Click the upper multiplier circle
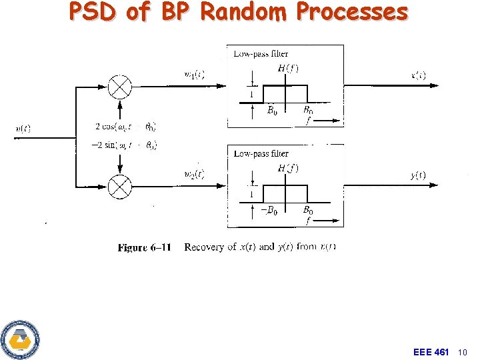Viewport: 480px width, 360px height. pos(121,86)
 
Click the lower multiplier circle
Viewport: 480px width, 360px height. pos(121,187)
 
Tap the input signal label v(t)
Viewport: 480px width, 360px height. pos(23,129)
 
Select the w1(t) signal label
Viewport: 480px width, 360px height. pos(193,74)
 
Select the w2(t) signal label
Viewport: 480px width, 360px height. pos(193,175)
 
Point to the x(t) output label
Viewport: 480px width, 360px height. pos(419,74)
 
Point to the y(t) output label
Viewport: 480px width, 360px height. pos(418,175)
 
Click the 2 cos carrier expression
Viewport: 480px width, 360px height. pos(125,127)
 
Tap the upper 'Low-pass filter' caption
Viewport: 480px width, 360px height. pos(261,53)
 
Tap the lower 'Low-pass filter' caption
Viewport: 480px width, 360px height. pos(261,153)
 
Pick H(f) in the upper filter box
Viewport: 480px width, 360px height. pos(288,68)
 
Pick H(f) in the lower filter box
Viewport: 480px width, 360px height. pos(288,168)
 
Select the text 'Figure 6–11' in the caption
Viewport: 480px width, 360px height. pos(144,247)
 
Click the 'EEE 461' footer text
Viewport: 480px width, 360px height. pos(431,351)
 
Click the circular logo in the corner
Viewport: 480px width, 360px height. pos(20,339)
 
